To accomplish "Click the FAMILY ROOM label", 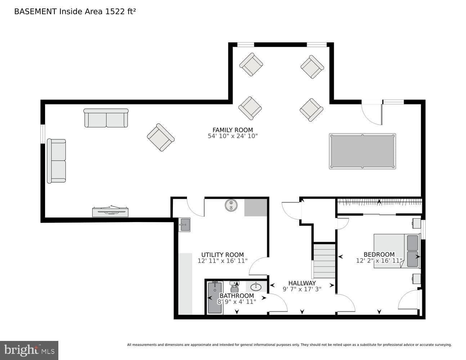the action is point(233,130).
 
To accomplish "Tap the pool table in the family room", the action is point(362,151).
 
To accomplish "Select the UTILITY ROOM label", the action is point(223,255).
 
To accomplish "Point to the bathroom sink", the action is point(256,287).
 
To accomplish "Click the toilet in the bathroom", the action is point(234,287).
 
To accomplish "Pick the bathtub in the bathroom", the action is point(215,298).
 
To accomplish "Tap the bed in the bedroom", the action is point(396,251).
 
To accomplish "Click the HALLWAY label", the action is point(302,283).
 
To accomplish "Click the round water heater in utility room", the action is point(231,205).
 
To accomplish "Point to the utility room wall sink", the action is point(184,225).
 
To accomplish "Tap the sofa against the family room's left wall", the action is point(57,161).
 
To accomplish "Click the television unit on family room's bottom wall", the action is point(110,211).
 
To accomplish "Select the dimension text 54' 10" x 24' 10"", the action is point(233,136).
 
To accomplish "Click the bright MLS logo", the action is point(29,350).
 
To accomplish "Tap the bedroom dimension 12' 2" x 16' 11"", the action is point(379,261).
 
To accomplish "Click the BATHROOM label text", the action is point(237,296).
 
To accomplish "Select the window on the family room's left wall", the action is point(43,134).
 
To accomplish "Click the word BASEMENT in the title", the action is point(35,12).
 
